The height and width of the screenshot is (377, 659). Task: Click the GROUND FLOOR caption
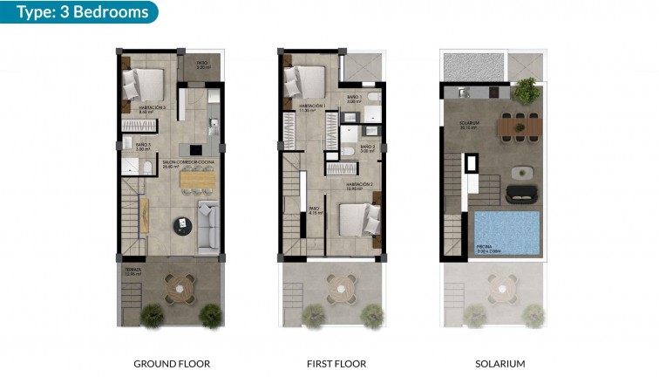click(172, 363)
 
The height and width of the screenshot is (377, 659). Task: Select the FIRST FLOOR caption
click(336, 363)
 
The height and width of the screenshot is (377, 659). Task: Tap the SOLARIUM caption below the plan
click(501, 363)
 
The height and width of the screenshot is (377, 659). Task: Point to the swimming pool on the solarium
click(506, 231)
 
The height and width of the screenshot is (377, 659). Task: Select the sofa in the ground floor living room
click(208, 227)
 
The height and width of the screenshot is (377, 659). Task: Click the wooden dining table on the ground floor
click(197, 178)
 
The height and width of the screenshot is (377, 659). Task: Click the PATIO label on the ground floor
click(202, 63)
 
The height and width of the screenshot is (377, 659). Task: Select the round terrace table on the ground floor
click(180, 285)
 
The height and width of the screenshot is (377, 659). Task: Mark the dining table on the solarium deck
click(520, 127)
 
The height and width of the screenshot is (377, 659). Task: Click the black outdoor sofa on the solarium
click(522, 192)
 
